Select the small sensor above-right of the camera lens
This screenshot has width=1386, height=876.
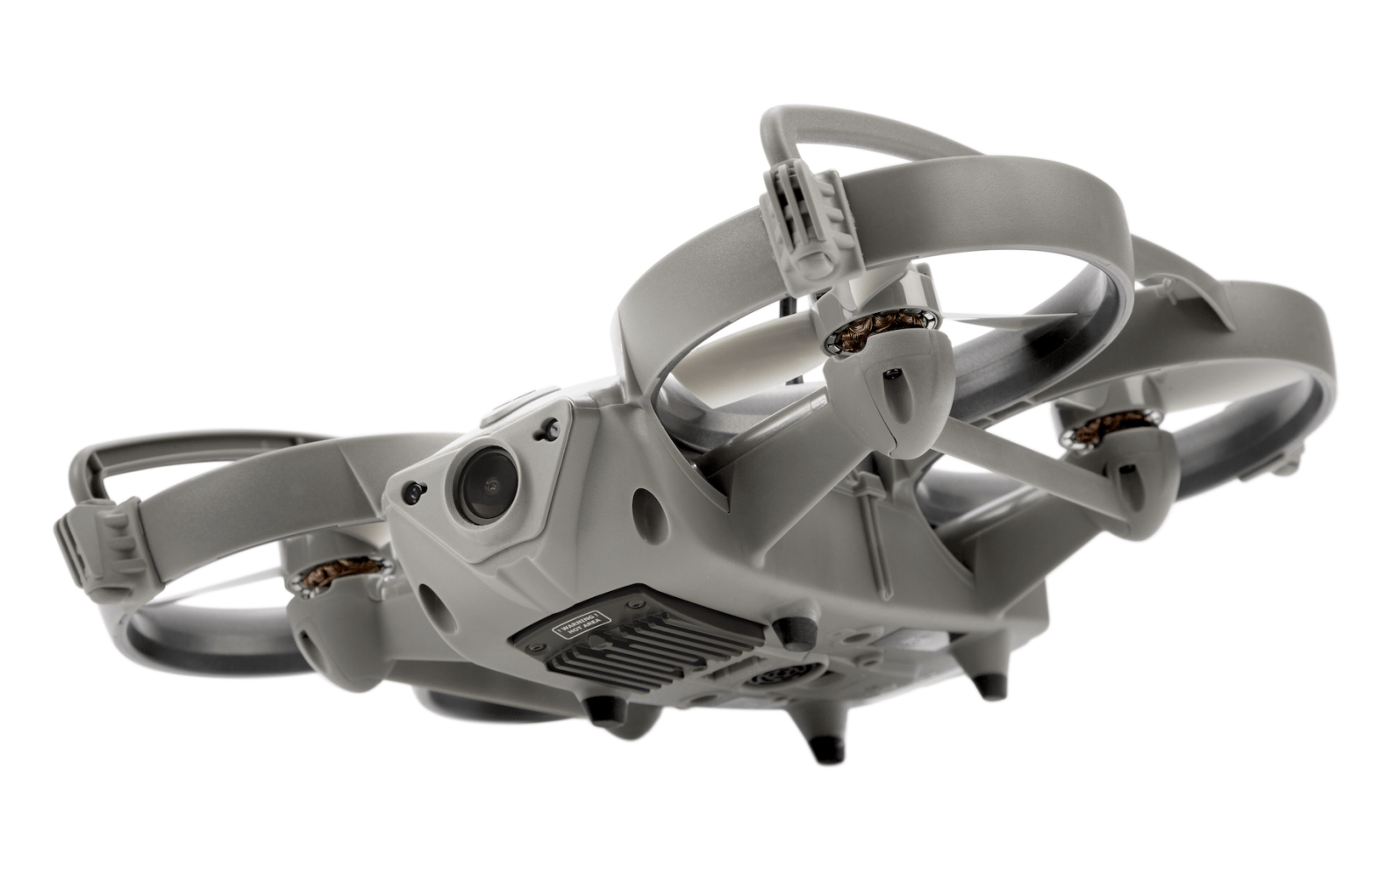(551, 428)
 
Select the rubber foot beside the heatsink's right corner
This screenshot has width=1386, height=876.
(783, 628)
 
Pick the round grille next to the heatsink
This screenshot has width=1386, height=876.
(778, 680)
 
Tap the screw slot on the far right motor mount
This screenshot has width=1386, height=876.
(1125, 474)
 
